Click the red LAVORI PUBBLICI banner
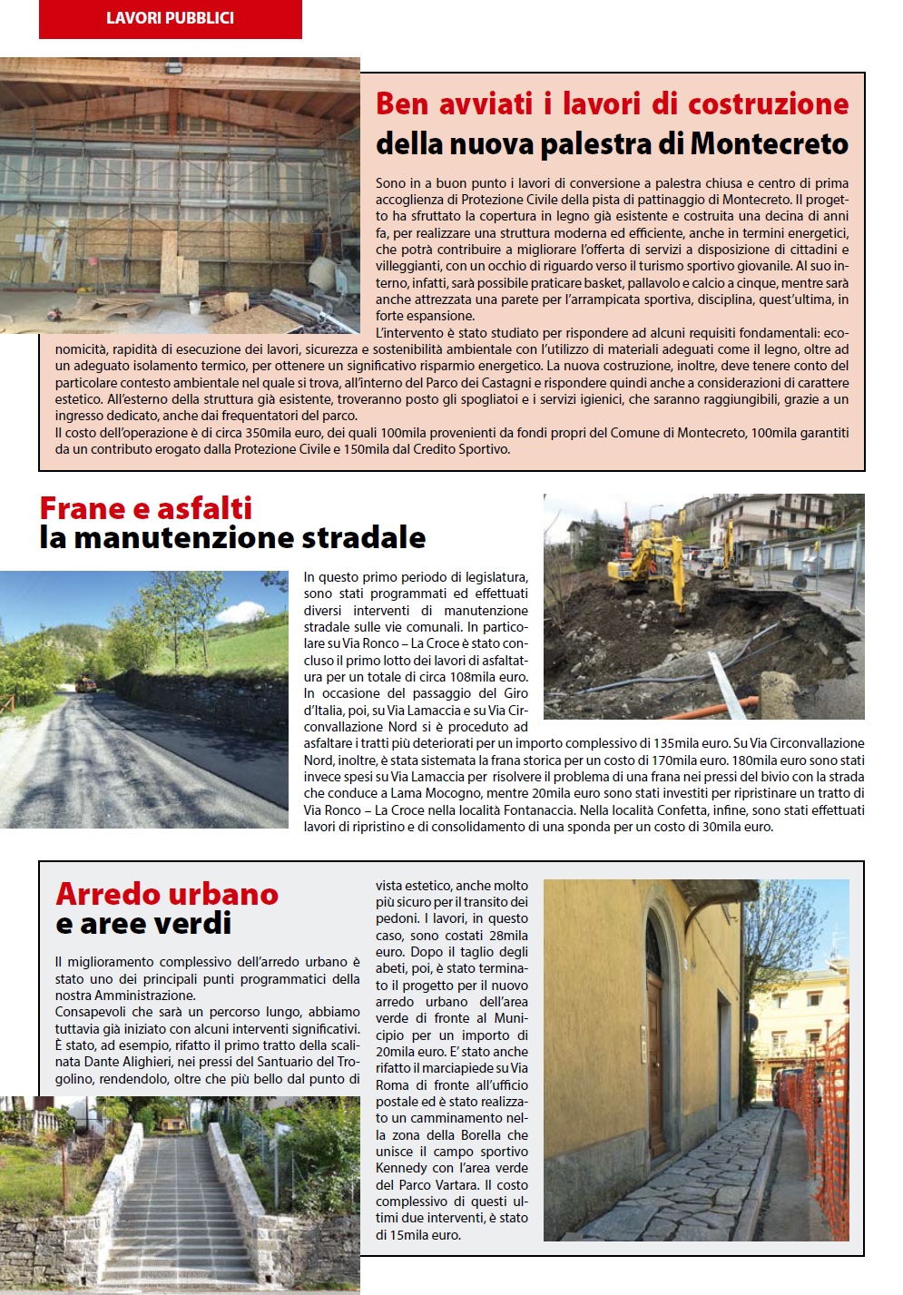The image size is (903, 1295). pos(170,18)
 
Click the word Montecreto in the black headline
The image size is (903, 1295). pos(770,143)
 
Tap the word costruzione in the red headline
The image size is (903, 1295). pos(768,103)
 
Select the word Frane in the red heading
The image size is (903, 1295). pos(82,507)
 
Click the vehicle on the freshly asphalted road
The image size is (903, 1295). pos(87,682)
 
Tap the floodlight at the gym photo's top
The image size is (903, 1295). pos(175,67)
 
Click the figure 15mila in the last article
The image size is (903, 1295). pos(403,1235)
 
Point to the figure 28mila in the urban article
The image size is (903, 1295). pos(508,936)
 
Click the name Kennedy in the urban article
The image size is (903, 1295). pos(401,1168)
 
